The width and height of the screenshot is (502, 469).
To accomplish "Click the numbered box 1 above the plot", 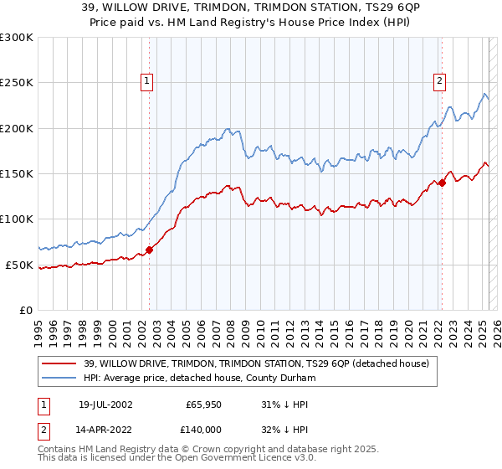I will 146,81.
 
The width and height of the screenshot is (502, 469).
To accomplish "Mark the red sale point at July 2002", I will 150,250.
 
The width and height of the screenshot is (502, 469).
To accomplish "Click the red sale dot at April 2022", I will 442,183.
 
